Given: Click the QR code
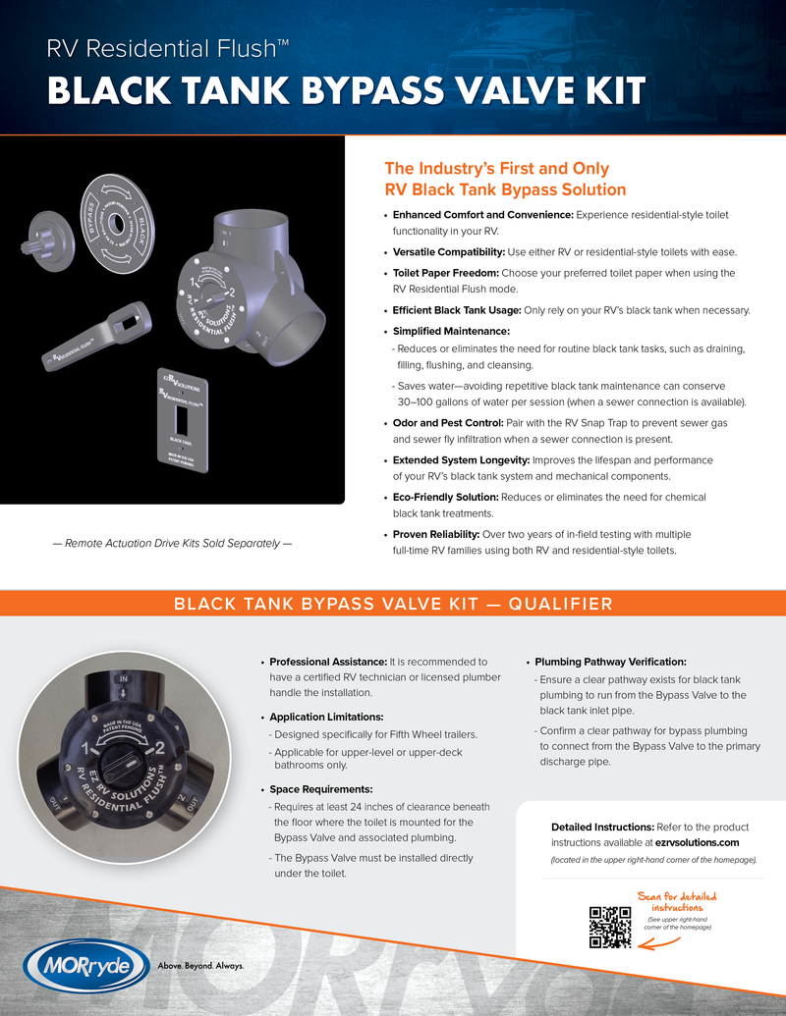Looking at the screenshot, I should point(609,928).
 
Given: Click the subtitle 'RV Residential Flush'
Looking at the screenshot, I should point(167,47).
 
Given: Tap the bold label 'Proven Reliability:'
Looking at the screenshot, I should point(436,534).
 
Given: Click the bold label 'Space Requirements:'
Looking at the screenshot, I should point(321,789).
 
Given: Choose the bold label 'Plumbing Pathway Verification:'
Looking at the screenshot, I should point(610,662).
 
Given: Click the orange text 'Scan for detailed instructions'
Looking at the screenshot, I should point(677,902).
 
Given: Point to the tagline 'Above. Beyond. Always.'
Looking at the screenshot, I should point(201,965).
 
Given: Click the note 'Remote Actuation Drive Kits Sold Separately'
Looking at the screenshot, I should point(172,543).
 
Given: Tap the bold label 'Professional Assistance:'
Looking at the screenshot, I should point(328,662).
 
